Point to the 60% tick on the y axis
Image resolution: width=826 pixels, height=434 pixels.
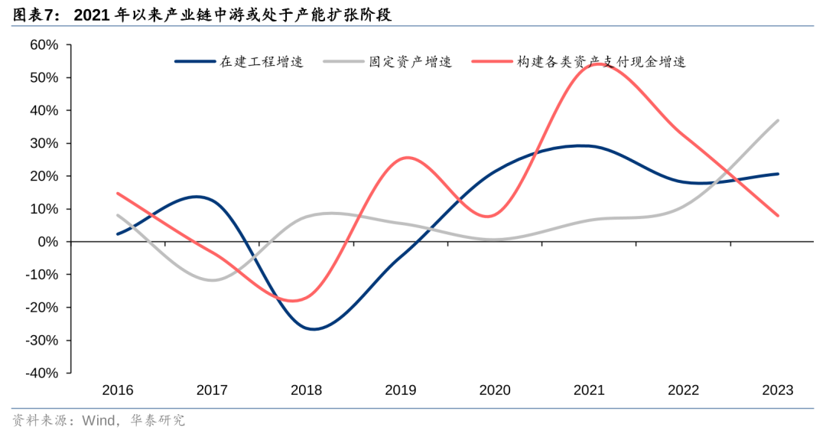44,45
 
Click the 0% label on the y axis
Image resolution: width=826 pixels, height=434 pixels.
47,242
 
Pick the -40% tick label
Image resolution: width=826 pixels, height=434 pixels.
41,373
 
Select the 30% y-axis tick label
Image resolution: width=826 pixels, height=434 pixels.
44,143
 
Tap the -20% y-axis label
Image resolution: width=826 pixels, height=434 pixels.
41,308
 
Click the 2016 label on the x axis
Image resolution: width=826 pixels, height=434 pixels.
118,390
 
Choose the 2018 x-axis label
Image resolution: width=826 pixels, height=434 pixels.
306,390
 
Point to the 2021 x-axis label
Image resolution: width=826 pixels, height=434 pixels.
589,390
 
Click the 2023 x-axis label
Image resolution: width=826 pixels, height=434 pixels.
778,390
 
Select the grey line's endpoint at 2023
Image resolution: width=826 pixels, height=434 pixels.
778,120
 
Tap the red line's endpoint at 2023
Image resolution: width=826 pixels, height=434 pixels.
778,215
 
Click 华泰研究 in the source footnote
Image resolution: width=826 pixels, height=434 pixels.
158,420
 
